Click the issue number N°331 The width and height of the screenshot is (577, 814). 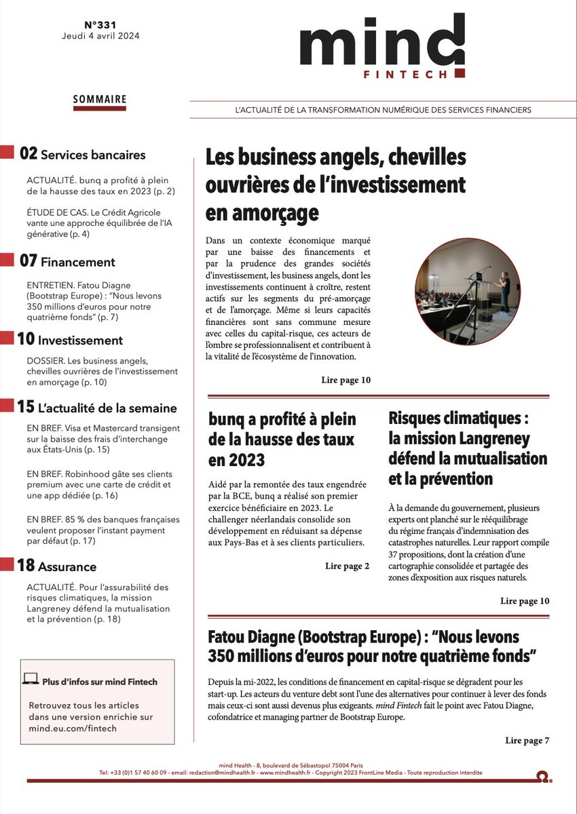pyautogui.click(x=99, y=22)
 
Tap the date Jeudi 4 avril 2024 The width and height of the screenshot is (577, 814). pyautogui.click(x=99, y=36)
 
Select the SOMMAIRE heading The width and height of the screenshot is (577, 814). pyautogui.click(x=100, y=99)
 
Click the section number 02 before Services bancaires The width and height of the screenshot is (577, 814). pyautogui.click(x=29, y=154)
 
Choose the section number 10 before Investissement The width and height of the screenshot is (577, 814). pyautogui.click(x=26, y=340)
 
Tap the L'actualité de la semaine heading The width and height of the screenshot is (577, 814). pyautogui.click(x=107, y=408)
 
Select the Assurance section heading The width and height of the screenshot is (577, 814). pyautogui.click(x=67, y=566)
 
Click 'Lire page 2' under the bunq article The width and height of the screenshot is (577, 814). pyautogui.click(x=347, y=566)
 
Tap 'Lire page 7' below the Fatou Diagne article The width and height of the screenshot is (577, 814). pyautogui.click(x=527, y=740)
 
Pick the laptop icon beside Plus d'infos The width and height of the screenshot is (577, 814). pyautogui.click(x=31, y=678)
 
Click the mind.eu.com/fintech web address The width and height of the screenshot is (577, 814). pyautogui.click(x=73, y=729)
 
